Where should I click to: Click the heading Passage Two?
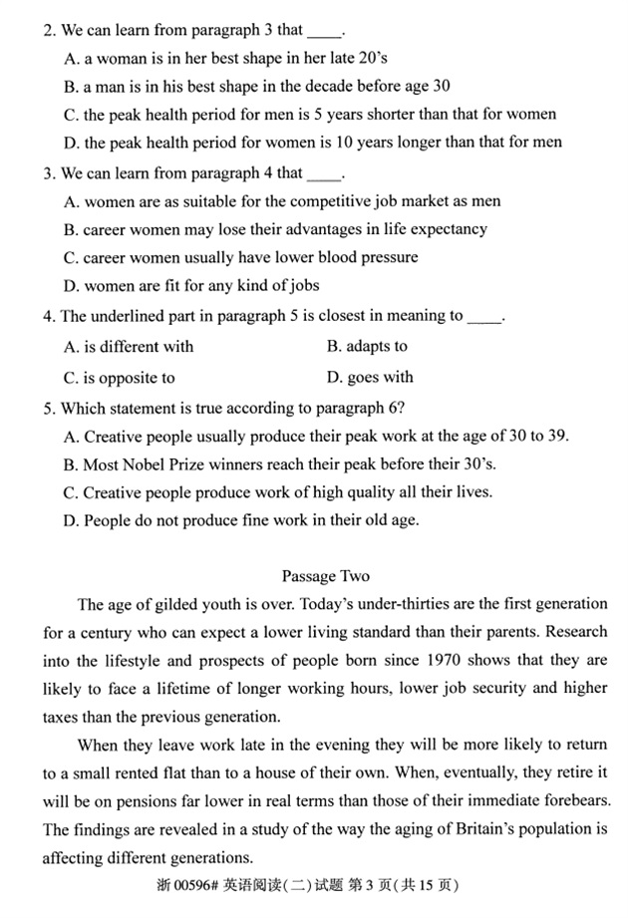click(325, 576)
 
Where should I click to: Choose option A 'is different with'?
click(129, 347)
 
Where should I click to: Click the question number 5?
click(49, 408)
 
